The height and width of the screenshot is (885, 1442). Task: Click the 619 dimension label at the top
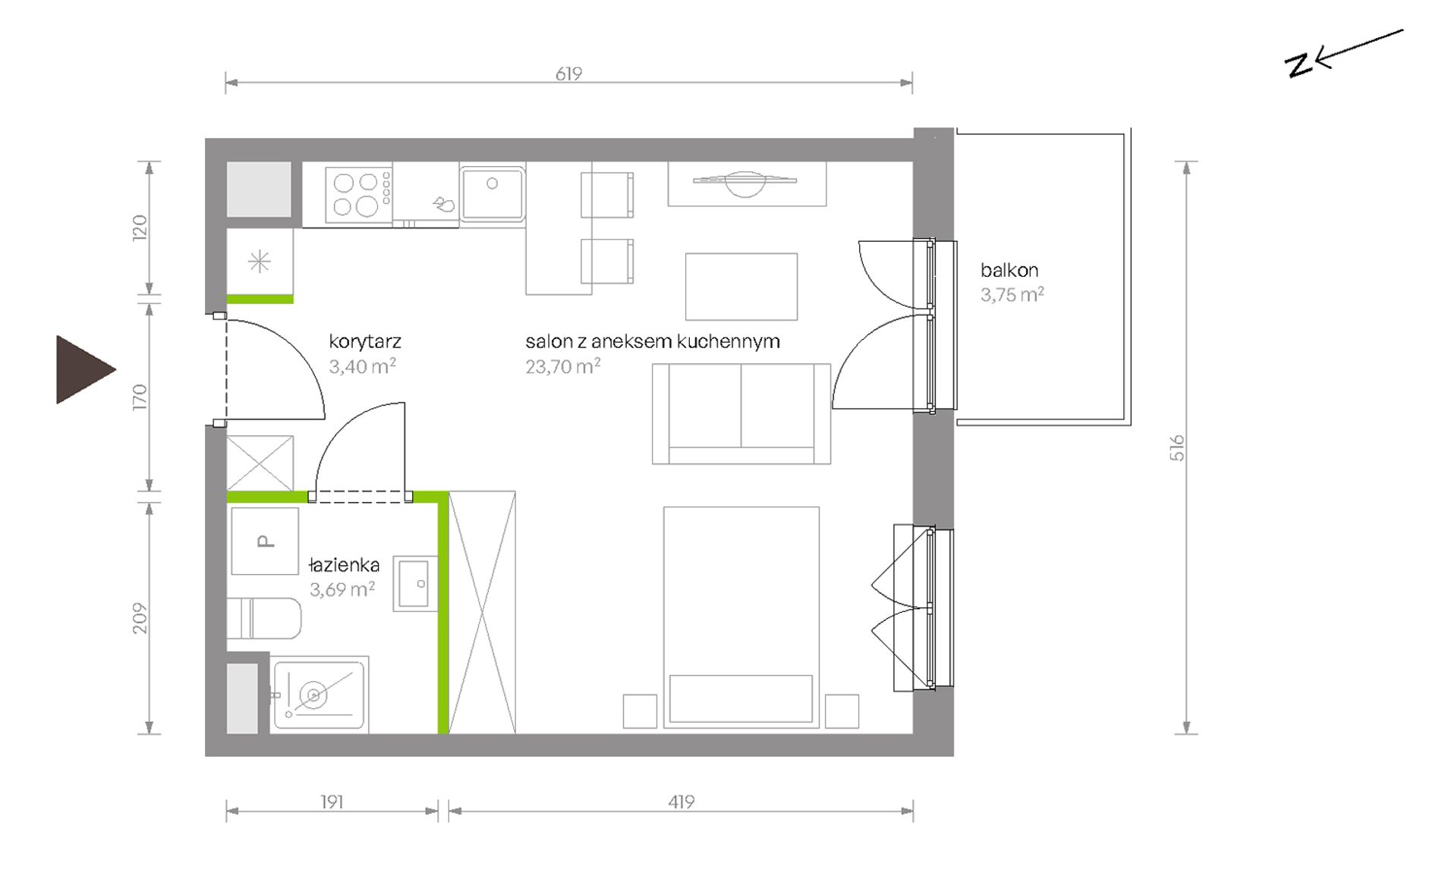[568, 74]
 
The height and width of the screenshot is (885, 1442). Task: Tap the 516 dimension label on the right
[1176, 447]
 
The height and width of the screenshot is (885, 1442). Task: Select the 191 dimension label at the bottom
[332, 802]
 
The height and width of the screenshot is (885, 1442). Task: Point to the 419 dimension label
[682, 802]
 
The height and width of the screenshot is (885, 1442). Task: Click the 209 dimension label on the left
[140, 618]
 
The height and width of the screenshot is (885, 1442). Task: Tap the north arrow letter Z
[1299, 65]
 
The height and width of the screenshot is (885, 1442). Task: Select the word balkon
[1009, 270]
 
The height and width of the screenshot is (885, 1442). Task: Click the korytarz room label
[365, 341]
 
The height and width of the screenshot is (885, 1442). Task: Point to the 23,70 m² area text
[563, 367]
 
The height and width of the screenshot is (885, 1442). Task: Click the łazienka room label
[345, 565]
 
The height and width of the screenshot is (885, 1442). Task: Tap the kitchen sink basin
[493, 193]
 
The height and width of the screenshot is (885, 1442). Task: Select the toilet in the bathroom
[263, 618]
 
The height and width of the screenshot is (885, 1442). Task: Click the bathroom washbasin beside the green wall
[415, 584]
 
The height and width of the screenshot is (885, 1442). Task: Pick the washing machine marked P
[265, 541]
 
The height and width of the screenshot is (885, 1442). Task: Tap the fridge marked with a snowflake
[260, 262]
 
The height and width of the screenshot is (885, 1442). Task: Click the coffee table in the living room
[741, 287]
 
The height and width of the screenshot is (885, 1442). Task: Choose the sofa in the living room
[741, 414]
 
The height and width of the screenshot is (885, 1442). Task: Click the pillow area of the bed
[741, 698]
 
